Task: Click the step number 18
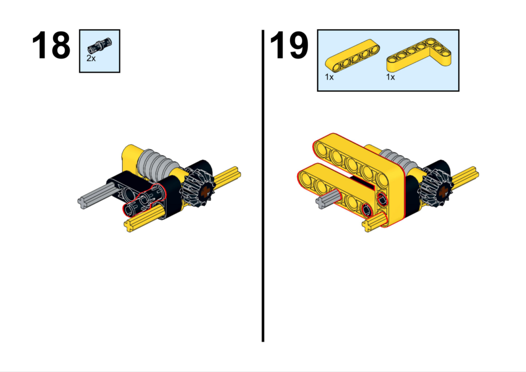point(51,45)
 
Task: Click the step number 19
point(289,45)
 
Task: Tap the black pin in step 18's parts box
point(100,46)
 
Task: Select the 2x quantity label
point(91,58)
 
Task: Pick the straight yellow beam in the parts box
point(352,55)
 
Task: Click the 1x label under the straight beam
point(329,77)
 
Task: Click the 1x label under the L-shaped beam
point(390,77)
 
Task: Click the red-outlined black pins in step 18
point(144,200)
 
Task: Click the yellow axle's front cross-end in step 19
point(369,225)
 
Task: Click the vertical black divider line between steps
point(263,186)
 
